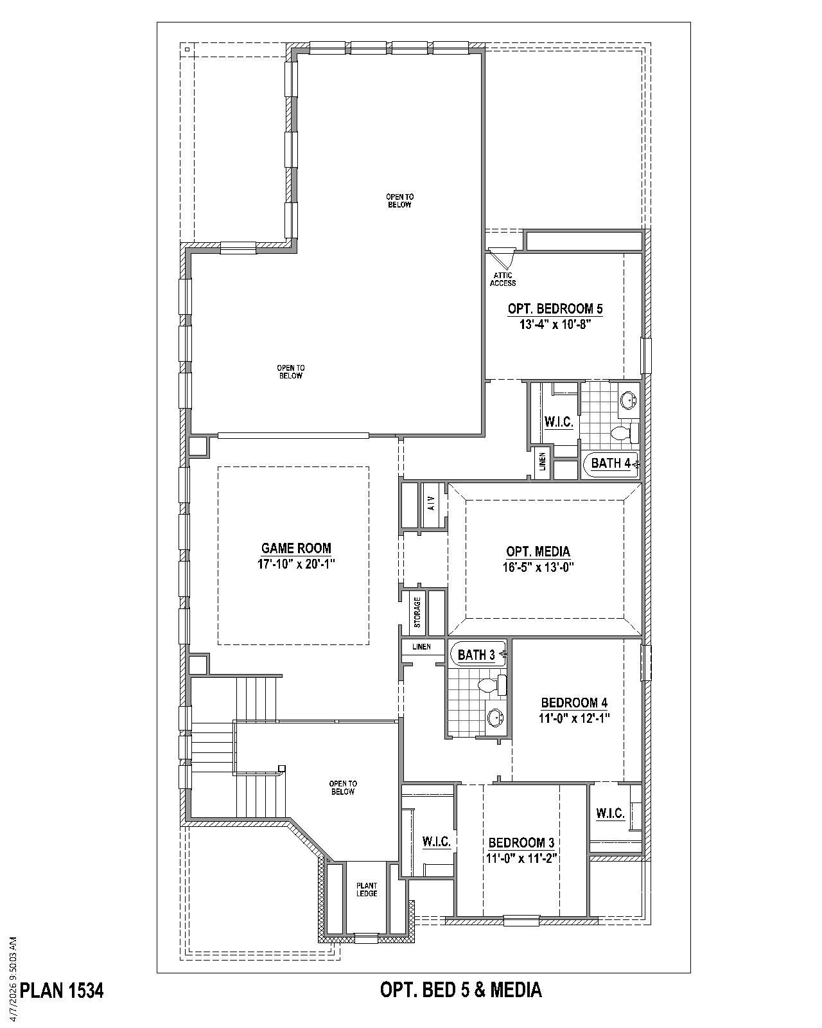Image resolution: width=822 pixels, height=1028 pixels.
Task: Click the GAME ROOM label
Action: [x=296, y=548]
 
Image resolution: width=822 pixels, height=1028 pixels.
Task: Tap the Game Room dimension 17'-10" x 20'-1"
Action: [x=296, y=564]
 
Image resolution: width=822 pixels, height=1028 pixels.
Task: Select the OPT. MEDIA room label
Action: [x=538, y=551]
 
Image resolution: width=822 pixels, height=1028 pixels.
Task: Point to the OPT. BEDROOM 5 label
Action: [x=555, y=308]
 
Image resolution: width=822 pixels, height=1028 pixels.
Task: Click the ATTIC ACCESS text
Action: [x=503, y=279]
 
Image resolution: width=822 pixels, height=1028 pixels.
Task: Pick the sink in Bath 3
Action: [x=495, y=717]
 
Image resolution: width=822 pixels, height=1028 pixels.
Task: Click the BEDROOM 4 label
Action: [x=573, y=702]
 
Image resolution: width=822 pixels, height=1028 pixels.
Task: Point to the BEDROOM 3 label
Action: [x=521, y=842]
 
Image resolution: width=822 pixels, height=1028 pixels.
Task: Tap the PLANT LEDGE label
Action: [x=367, y=890]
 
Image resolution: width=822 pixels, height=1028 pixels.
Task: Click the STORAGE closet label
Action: [x=417, y=612]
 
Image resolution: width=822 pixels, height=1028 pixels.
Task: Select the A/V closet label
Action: [x=432, y=503]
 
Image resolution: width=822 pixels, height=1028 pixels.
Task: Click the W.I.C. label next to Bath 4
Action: [x=558, y=422]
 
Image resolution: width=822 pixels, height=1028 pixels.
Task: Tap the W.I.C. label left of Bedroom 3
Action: [x=436, y=842]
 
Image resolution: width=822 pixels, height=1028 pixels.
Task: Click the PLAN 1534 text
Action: [x=62, y=990]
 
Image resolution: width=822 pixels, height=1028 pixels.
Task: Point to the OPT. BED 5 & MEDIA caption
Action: [x=460, y=989]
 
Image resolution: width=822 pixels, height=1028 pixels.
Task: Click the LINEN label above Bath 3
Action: [x=421, y=646]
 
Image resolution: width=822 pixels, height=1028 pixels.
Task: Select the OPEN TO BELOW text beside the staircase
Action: [x=342, y=788]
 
